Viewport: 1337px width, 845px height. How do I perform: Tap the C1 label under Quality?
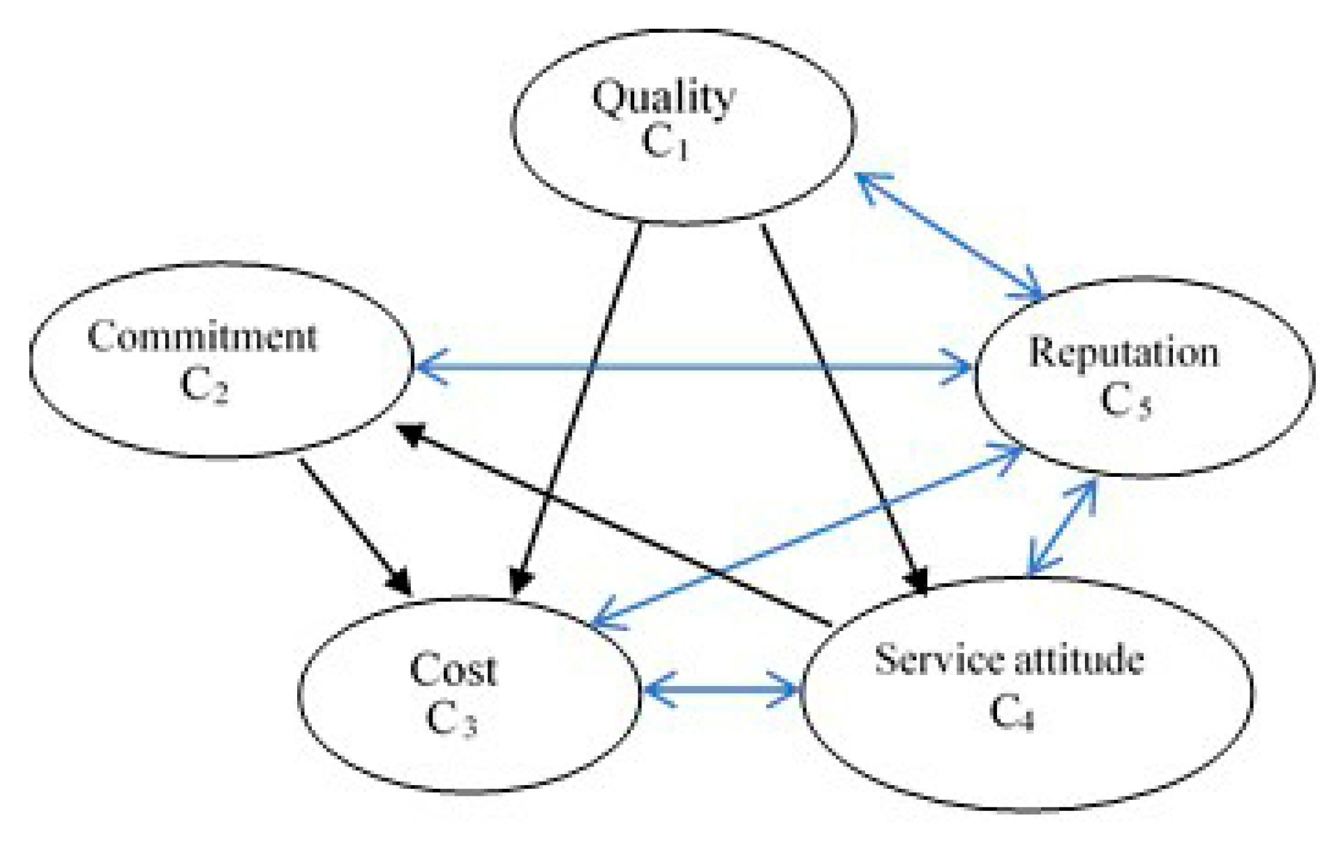coord(664,142)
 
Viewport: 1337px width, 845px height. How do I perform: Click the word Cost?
coord(453,670)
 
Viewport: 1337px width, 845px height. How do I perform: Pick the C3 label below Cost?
coord(451,719)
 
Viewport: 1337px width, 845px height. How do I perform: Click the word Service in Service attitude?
coord(938,660)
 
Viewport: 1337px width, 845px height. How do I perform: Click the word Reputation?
coord(1124,353)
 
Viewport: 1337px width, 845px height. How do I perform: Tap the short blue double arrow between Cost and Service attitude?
coord(720,690)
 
